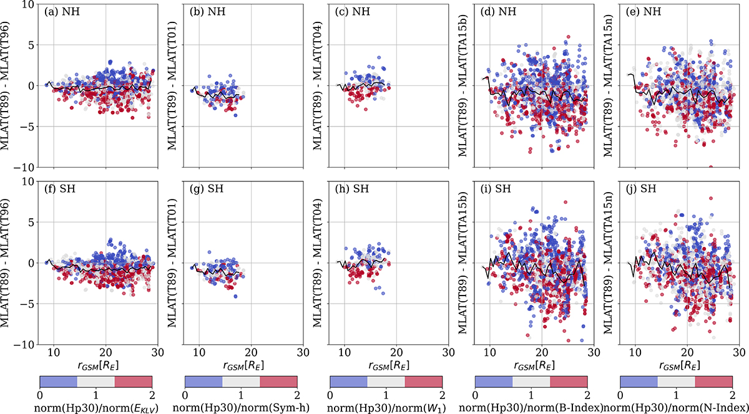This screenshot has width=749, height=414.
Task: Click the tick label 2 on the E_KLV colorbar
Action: coord(152,394)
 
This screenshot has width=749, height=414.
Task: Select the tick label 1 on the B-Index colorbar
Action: coord(531,394)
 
